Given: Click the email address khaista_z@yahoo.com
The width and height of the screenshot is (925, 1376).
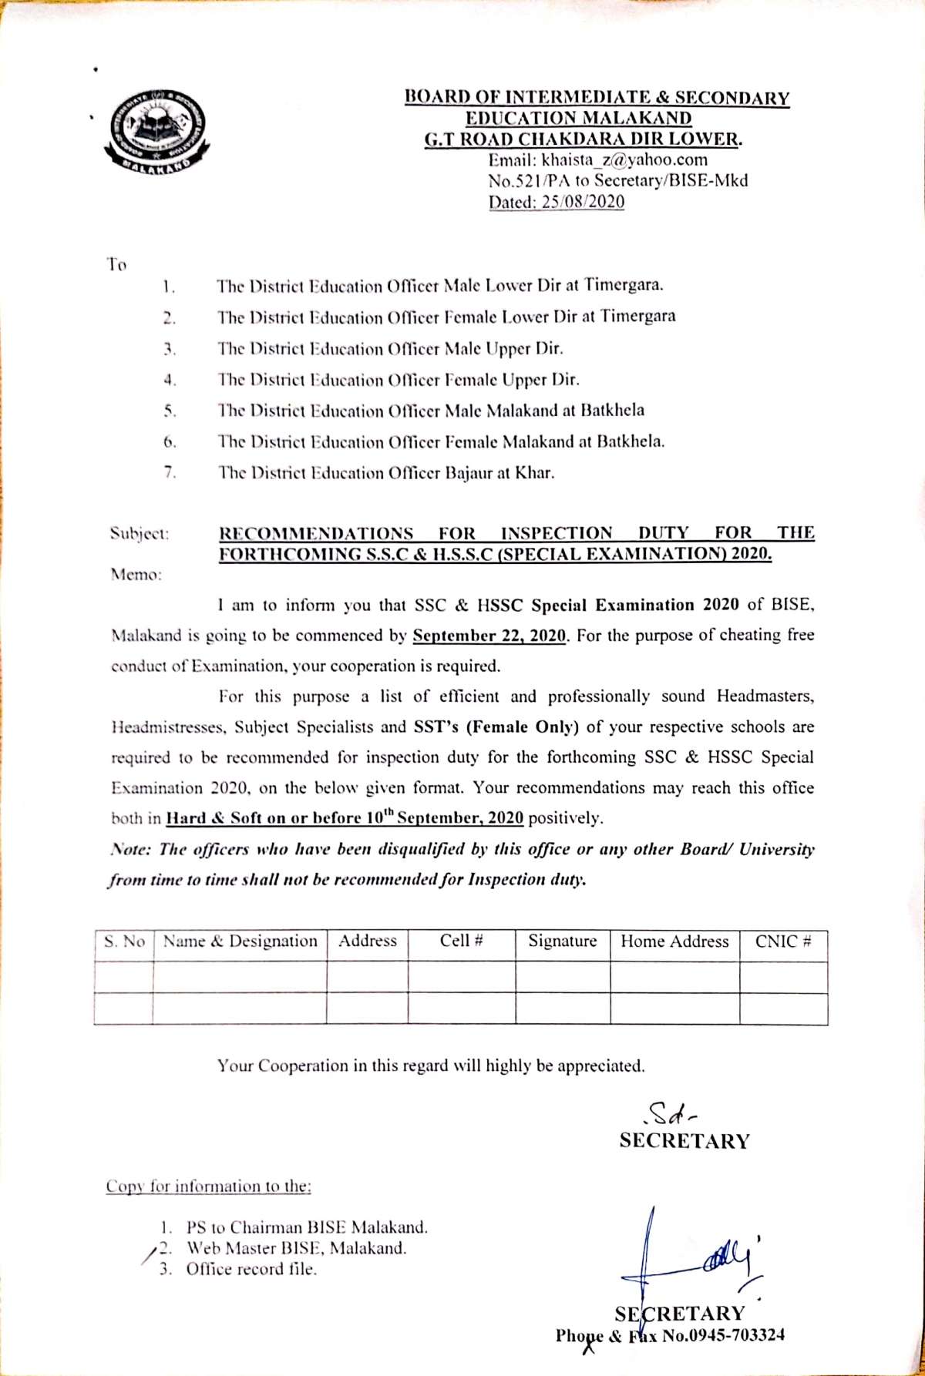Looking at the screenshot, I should [597, 160].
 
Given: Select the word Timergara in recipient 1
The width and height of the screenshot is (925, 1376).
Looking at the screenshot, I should [623, 286].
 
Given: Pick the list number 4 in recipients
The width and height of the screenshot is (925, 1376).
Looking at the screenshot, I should [170, 380].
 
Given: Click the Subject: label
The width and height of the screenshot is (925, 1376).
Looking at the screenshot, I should [140, 533].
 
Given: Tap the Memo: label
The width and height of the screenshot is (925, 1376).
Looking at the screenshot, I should [136, 575].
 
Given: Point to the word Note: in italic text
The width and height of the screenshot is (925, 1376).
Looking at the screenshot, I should [131, 850].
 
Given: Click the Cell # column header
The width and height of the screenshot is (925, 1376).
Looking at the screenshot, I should [461, 941].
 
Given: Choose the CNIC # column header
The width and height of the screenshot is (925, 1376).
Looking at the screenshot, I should [783, 941].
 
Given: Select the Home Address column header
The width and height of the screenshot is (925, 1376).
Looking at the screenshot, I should [674, 941].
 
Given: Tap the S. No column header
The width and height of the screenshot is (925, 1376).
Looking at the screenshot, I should [124, 941].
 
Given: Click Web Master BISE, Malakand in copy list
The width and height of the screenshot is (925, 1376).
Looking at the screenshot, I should [296, 1248].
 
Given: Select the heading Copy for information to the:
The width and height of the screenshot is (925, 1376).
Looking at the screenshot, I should [208, 1186].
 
